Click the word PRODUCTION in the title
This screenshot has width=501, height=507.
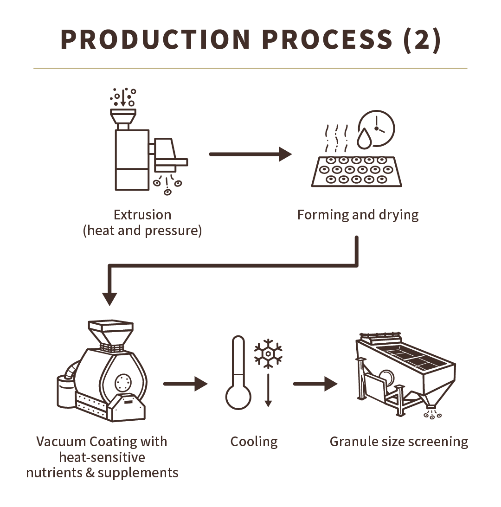coord(155,40)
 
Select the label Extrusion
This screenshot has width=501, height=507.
coord(142,215)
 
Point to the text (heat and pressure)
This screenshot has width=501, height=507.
coord(142,231)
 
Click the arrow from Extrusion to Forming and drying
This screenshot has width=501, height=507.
coord(250,154)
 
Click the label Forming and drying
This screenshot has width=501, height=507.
coord(358,215)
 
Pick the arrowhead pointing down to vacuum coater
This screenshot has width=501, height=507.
coord(110,298)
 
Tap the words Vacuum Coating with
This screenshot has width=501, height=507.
coord(102,441)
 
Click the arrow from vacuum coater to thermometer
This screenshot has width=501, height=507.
coord(185,384)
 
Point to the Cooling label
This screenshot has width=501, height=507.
coord(254,441)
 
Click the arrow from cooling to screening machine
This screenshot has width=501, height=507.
coord(315,384)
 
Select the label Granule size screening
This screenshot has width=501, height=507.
coord(399,441)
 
